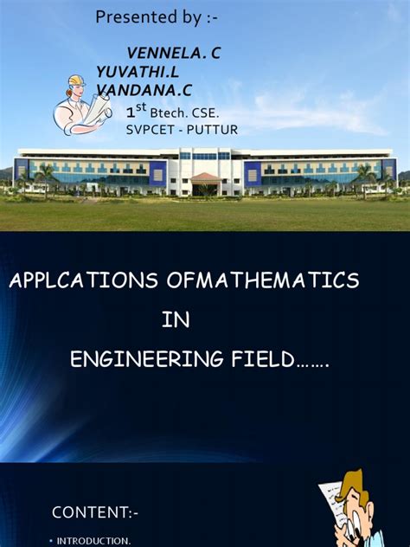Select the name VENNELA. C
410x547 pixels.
click(173, 54)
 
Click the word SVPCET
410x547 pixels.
click(151, 130)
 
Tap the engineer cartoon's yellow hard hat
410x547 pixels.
click(76, 81)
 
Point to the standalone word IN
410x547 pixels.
click(175, 320)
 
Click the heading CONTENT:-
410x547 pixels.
click(94, 512)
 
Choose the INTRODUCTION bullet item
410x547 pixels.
click(93, 541)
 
